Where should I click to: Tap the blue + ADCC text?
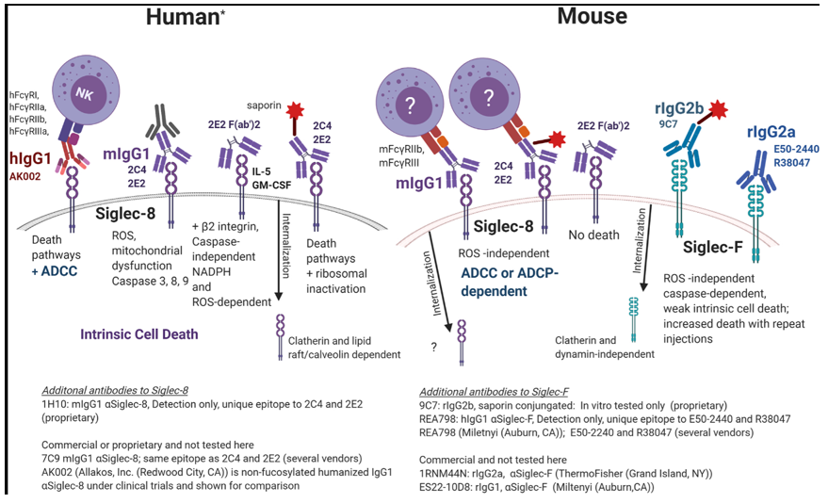coord(53,270)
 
